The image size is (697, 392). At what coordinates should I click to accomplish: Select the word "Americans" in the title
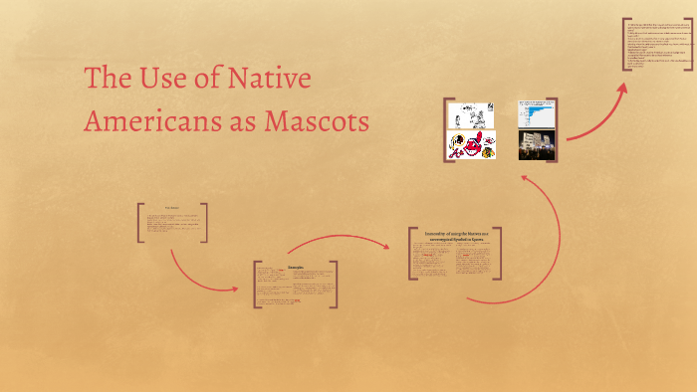coord(165,120)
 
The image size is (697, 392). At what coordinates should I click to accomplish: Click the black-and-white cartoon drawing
coord(471,115)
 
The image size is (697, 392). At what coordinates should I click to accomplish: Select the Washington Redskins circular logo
coord(457,145)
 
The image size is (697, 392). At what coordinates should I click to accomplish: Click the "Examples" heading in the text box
coord(296,268)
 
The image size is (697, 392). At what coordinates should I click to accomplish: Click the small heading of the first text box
coord(171,207)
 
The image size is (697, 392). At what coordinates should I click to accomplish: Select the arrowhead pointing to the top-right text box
coord(623,88)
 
